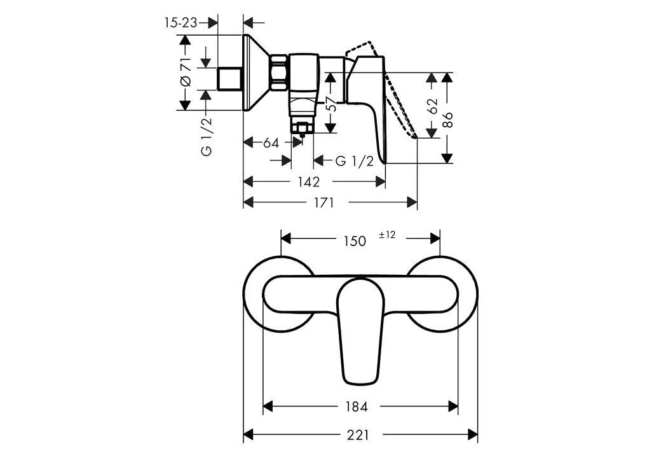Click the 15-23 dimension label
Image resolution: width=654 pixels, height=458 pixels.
click(181, 23)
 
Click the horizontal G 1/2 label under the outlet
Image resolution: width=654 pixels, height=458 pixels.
click(354, 161)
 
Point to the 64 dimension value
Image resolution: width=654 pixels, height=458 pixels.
click(271, 142)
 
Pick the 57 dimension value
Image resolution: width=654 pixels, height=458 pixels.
click(330, 104)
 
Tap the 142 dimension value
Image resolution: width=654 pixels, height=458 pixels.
click(308, 182)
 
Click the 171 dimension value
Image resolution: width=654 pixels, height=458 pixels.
click(324, 202)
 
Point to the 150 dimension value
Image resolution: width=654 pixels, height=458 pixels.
click(355, 240)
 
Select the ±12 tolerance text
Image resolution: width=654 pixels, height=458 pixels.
click(387, 235)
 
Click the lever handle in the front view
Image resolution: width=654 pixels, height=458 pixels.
click(360, 331)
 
